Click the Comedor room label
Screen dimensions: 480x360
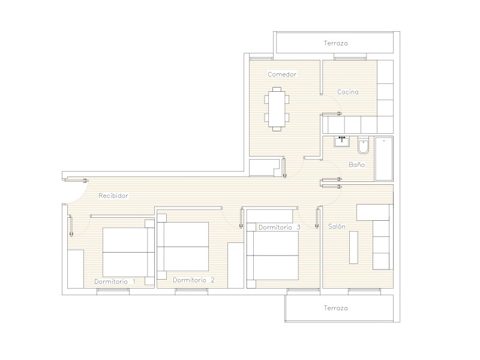(x=282, y=74)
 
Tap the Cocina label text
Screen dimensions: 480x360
(x=348, y=92)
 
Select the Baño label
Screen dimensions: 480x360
(x=356, y=164)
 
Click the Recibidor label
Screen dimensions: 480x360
(x=113, y=196)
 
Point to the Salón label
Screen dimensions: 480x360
(x=337, y=226)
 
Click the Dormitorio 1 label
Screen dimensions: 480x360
(x=115, y=281)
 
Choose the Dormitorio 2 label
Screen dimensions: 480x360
(x=194, y=280)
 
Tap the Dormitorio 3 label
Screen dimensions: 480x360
(x=280, y=227)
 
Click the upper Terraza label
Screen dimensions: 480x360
(x=336, y=43)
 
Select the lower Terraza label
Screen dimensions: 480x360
(x=336, y=308)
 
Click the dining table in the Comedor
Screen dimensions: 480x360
(x=277, y=109)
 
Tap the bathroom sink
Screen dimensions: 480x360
(x=341, y=142)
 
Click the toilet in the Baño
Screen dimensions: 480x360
(x=364, y=145)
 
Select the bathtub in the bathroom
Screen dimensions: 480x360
(x=384, y=158)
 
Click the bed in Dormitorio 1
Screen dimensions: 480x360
(x=128, y=253)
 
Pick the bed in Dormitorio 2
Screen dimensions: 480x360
(x=183, y=247)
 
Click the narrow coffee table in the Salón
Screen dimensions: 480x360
(x=353, y=247)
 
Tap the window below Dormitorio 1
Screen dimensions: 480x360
(x=113, y=292)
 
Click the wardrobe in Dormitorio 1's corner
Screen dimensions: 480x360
(x=76, y=269)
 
